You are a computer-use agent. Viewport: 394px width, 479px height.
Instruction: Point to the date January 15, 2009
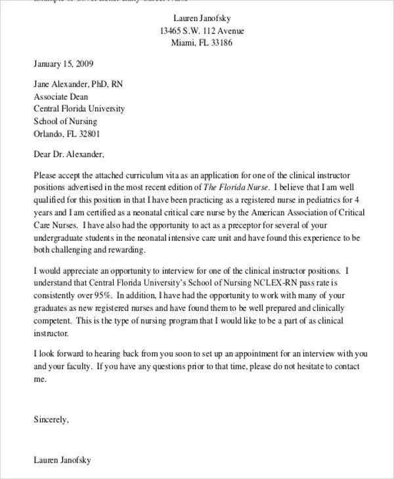tap(63, 64)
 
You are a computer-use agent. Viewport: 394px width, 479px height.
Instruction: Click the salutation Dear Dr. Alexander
tap(68, 156)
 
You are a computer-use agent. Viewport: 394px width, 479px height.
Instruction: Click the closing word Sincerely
tap(51, 417)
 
